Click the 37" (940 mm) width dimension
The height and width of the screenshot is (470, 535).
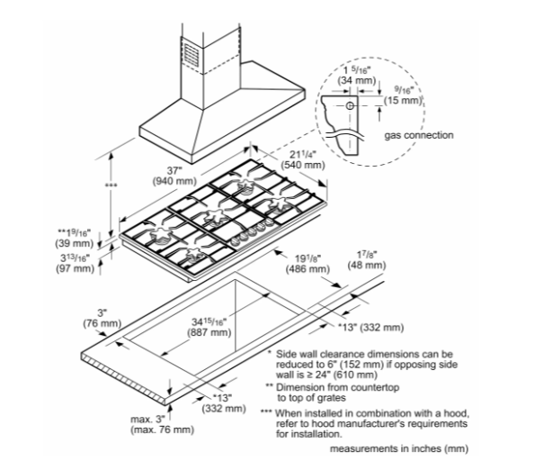click(174, 176)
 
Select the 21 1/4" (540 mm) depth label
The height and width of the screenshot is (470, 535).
click(303, 159)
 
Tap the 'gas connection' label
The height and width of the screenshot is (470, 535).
click(419, 135)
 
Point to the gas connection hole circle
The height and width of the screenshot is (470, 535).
click(350, 106)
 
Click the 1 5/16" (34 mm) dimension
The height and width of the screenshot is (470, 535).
click(357, 76)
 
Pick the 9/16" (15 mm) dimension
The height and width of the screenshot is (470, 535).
click(404, 95)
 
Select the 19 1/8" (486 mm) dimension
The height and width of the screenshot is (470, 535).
click(308, 264)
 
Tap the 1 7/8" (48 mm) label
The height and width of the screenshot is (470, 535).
click(367, 260)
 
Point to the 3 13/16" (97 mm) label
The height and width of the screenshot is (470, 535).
click(75, 263)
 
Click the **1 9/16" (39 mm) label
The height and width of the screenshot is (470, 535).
click(75, 238)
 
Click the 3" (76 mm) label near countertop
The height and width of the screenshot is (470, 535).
click(102, 318)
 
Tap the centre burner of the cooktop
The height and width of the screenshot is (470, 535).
click(214, 217)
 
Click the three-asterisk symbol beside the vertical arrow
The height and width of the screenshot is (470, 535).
click(111, 185)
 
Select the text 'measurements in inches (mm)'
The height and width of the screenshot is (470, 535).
click(399, 448)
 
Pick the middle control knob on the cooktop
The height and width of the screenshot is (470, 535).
click(253, 232)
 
